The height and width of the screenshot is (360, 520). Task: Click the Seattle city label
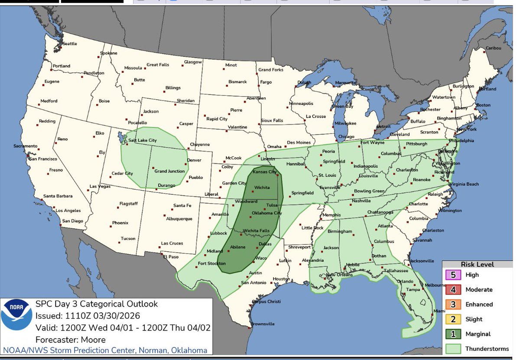click(70, 44)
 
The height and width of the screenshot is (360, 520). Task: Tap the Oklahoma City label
click(266, 213)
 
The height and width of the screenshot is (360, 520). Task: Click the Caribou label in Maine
click(493, 48)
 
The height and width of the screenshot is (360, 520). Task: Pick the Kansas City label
click(264, 172)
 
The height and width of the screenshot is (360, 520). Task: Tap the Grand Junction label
click(169, 171)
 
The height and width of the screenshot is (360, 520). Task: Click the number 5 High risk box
click(453, 275)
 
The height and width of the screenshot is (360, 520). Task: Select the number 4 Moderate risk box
click(453, 289)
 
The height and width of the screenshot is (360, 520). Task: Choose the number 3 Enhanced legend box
click(453, 304)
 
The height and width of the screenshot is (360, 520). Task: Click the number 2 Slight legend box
click(453, 319)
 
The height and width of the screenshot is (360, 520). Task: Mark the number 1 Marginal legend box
click(453, 334)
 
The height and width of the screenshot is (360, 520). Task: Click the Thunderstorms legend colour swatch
click(453, 349)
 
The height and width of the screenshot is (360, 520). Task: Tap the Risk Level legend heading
click(477, 264)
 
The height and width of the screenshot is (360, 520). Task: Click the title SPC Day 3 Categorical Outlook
click(97, 304)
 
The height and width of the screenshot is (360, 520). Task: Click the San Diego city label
click(72, 221)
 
